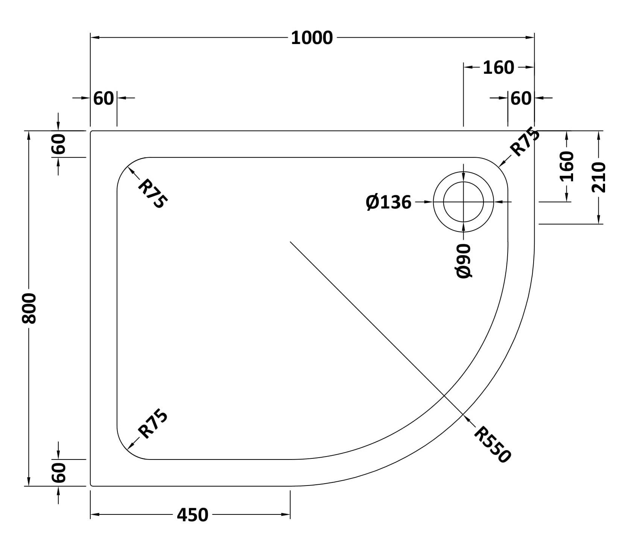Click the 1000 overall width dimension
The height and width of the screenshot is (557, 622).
(x=312, y=38)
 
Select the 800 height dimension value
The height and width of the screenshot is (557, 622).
(x=29, y=308)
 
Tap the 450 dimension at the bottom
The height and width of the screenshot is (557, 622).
(x=192, y=515)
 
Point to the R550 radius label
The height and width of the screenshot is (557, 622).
(x=492, y=444)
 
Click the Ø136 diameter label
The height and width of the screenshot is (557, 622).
(x=389, y=202)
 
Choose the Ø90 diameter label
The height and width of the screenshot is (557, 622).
(x=464, y=261)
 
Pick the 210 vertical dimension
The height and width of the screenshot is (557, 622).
(x=599, y=177)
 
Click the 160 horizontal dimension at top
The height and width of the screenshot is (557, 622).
(x=498, y=68)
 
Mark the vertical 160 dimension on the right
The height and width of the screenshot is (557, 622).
(x=567, y=166)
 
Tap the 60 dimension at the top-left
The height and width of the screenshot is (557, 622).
(x=103, y=99)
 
